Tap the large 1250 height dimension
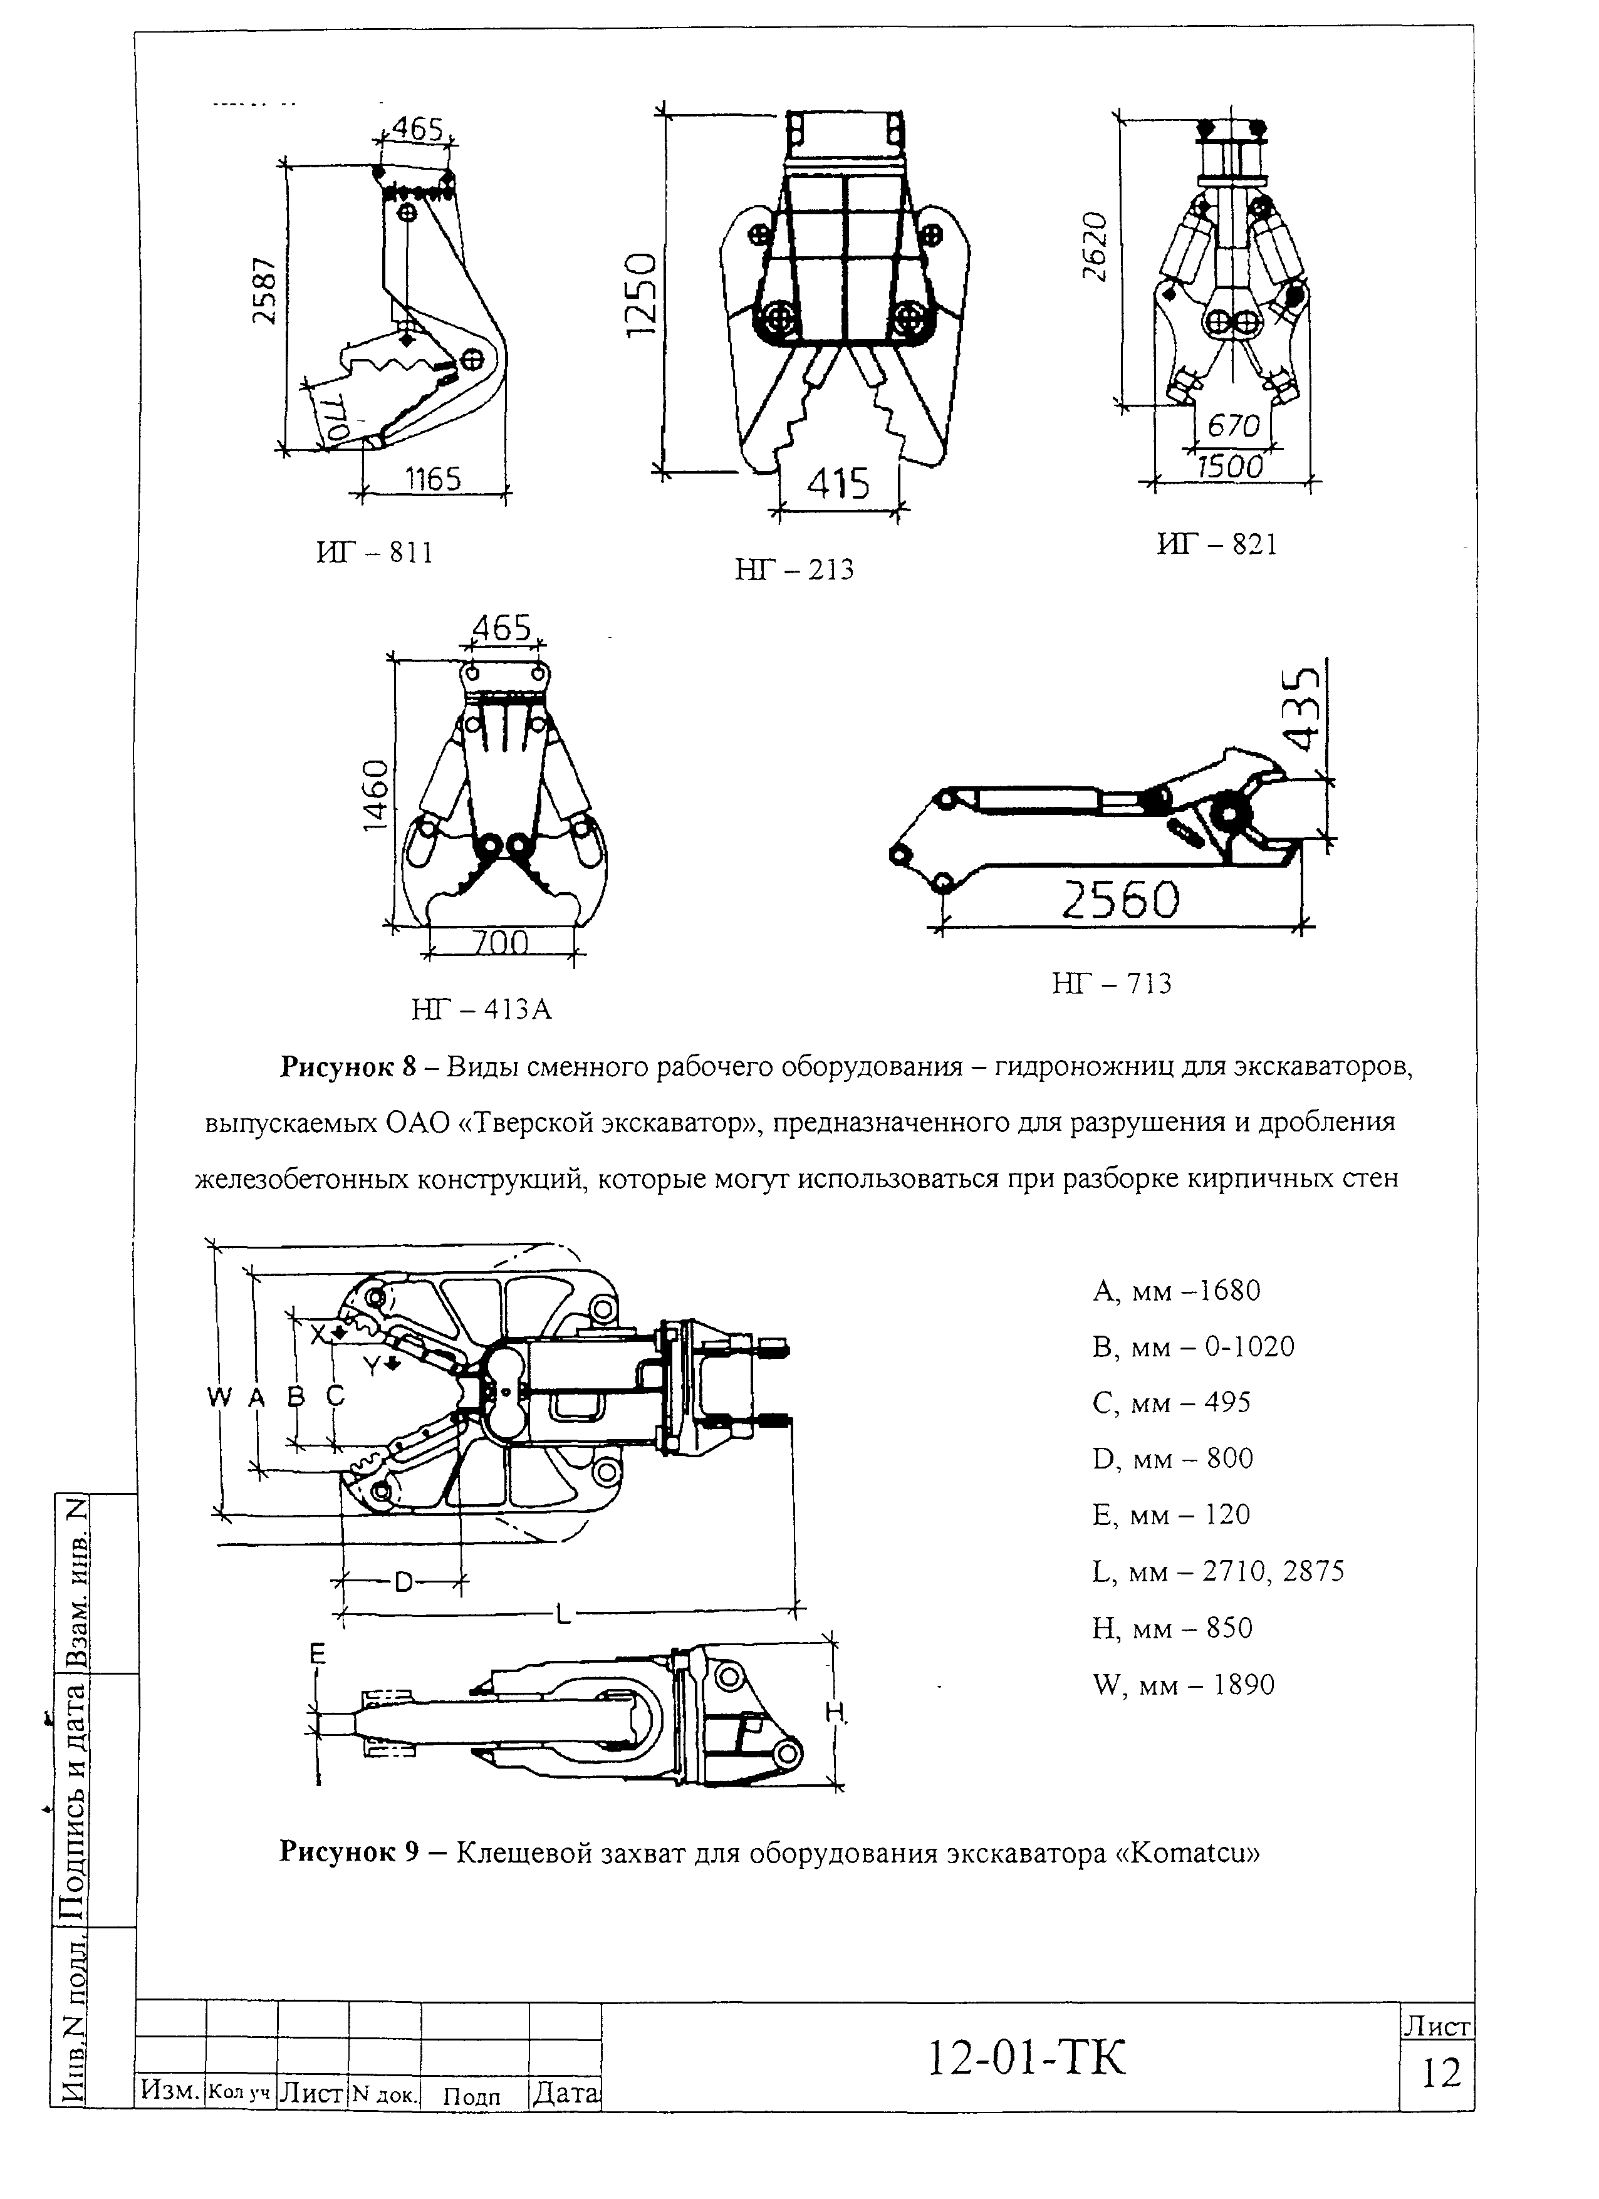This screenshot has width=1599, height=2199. point(641,294)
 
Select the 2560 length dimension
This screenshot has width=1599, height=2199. point(1121,901)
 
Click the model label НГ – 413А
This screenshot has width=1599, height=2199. point(481,1011)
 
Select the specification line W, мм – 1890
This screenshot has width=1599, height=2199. point(1183,1685)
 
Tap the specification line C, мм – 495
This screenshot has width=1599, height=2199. point(1172,1403)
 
